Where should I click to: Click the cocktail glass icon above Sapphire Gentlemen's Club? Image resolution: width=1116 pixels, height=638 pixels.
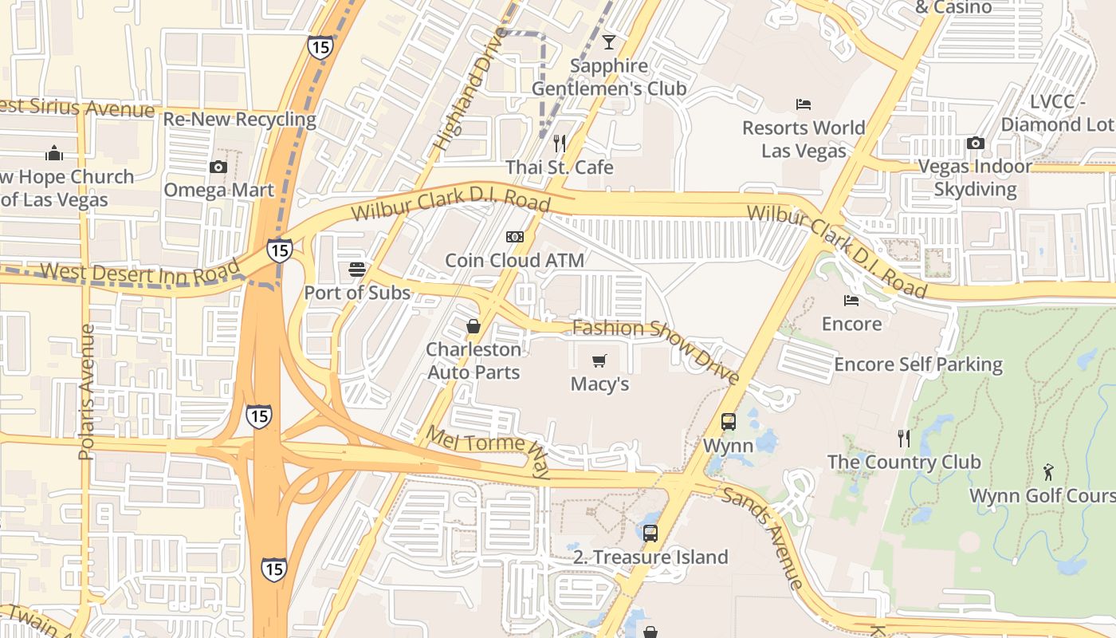tap(609, 41)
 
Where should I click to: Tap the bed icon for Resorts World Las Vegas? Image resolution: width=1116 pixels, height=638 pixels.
tap(804, 104)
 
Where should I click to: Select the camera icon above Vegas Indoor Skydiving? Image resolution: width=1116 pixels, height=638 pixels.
tap(975, 144)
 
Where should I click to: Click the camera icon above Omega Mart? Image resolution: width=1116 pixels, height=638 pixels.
tap(218, 167)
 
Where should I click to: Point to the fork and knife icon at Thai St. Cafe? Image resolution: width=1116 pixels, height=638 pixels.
tap(560, 144)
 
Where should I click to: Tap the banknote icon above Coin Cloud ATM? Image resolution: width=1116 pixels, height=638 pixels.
tap(515, 237)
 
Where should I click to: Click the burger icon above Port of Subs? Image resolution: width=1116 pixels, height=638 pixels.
tap(356, 270)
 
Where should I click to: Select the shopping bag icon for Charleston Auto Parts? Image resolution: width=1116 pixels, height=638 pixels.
tap(474, 326)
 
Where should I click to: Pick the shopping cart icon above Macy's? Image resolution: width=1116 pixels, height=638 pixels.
tap(599, 360)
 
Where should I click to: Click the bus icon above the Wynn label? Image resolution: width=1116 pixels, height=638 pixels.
tap(729, 422)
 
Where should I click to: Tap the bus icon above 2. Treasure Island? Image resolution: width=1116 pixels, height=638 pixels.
tap(650, 533)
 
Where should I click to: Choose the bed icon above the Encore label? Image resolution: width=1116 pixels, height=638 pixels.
tap(851, 301)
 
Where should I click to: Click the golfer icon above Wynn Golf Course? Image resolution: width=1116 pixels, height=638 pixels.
tap(1048, 471)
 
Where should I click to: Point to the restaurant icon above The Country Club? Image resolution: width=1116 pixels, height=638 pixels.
tap(903, 438)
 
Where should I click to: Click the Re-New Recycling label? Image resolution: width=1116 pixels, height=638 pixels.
tap(239, 120)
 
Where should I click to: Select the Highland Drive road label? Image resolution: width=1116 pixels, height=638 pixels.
tap(470, 89)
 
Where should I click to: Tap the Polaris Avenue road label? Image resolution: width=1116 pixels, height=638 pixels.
tap(86, 391)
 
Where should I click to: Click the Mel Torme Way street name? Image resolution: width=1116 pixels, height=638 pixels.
tap(488, 451)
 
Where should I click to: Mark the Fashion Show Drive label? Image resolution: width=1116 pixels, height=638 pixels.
tap(655, 349)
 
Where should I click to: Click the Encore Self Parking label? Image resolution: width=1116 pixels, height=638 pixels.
tap(918, 364)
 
